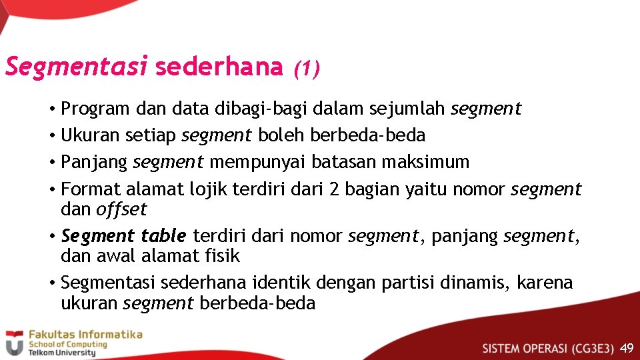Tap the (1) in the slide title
pyautogui.click(x=307, y=67)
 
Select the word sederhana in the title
pyautogui.click(x=219, y=67)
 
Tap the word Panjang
pyautogui.click(x=94, y=162)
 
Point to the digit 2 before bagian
pyautogui.click(x=335, y=189)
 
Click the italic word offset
pyautogui.click(x=121, y=209)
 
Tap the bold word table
pyautogui.click(x=163, y=236)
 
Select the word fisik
pyautogui.click(x=223, y=256)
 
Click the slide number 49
pyautogui.click(x=627, y=348)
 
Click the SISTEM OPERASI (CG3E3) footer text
pyautogui.click(x=548, y=348)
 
